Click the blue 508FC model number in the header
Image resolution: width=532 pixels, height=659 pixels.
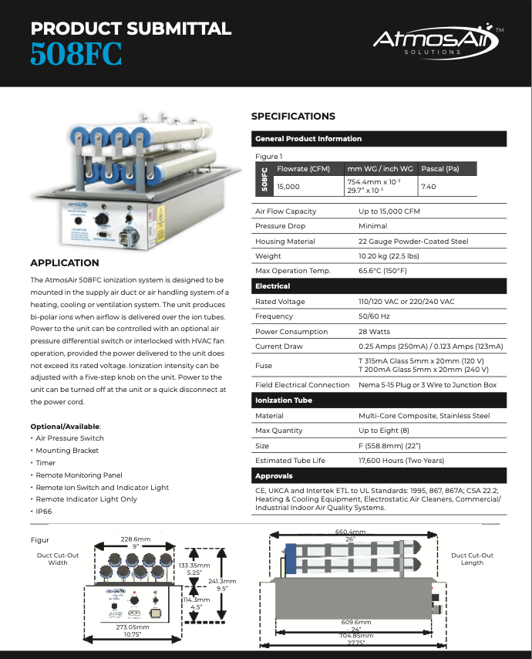76,55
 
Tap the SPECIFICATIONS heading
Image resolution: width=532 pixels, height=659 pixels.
293,117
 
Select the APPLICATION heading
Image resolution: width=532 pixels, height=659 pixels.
64,263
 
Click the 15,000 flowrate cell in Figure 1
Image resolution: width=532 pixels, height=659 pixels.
288,187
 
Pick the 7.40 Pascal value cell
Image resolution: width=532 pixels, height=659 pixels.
429,187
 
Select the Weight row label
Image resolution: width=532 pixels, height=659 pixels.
268,256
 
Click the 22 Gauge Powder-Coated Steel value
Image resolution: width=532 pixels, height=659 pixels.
412,242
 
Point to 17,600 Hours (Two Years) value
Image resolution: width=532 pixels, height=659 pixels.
401,461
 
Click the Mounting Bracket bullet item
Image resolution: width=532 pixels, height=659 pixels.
67,451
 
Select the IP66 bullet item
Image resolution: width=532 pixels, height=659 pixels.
45,512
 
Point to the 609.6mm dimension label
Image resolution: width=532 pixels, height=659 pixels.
356,622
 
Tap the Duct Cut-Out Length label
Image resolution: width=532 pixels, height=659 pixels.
472,559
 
